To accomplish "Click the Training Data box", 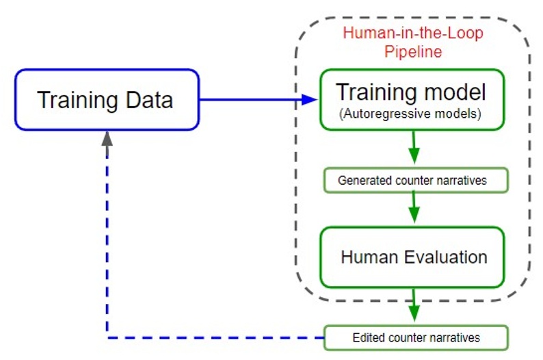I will (106, 100).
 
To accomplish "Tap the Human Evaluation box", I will (413, 257).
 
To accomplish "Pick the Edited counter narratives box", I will (415, 337).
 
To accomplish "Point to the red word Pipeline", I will (412, 51).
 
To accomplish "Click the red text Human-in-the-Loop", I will (411, 34).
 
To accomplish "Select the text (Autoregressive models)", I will (411, 114).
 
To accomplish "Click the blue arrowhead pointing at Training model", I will (311, 100).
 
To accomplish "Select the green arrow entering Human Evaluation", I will (413, 209).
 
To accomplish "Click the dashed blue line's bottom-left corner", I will (107, 337).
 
